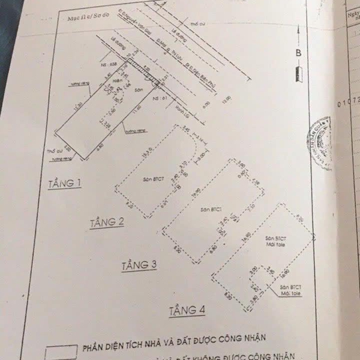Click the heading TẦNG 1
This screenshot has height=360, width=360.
point(65,183)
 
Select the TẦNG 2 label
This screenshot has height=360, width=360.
point(107,223)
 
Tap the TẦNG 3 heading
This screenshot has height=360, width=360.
point(139,265)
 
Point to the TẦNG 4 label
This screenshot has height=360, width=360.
point(187,310)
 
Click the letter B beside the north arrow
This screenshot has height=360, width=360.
point(298,53)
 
